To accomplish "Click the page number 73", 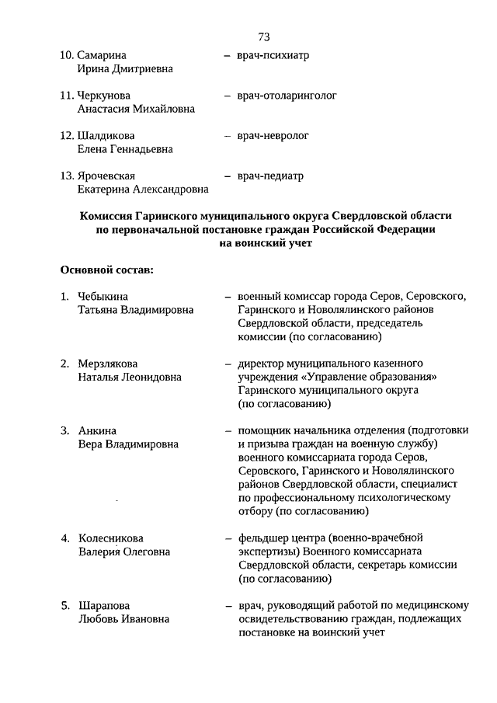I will pyautogui.click(x=263, y=37).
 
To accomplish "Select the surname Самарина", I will pyautogui.click(x=103, y=56).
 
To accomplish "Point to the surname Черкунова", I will pyautogui.click(x=106, y=96).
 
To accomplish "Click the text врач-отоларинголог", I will pyautogui.click(x=287, y=96).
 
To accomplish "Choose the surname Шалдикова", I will pyautogui.click(x=106, y=136).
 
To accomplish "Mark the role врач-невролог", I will pyautogui.click(x=273, y=136).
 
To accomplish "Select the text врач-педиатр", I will pyautogui.click(x=270, y=176).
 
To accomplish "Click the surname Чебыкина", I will pyautogui.click(x=103, y=297).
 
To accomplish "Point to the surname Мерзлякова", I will pyautogui.click(x=108, y=364).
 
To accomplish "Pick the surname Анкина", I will pyautogui.click(x=97, y=430).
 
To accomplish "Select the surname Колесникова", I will pyautogui.click(x=110, y=538).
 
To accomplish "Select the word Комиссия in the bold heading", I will pyautogui.click(x=106, y=216).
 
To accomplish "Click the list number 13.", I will pyautogui.click(x=67, y=176).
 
